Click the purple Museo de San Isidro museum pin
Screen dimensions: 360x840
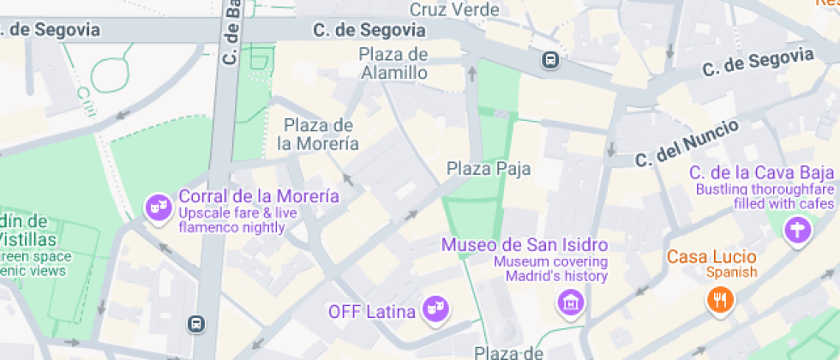pyautogui.click(x=569, y=302)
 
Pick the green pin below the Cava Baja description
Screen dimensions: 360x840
pyautogui.click(x=798, y=230)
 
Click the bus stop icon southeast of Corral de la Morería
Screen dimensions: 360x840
pyautogui.click(x=196, y=323)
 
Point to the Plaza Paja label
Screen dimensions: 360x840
pyautogui.click(x=489, y=169)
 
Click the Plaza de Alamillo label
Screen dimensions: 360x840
pyautogui.click(x=393, y=63)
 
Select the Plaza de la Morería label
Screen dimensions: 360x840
pyautogui.click(x=318, y=135)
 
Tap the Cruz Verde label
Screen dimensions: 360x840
pyautogui.click(x=454, y=10)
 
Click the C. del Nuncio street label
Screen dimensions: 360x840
pyautogui.click(x=687, y=144)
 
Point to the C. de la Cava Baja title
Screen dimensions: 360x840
pyautogui.click(x=762, y=173)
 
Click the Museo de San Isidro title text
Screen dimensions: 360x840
pyautogui.click(x=525, y=245)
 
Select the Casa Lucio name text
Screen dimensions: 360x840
pyautogui.click(x=711, y=256)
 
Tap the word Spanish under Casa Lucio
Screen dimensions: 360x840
pyautogui.click(x=731, y=273)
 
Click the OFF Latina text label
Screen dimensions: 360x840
pyautogui.click(x=372, y=310)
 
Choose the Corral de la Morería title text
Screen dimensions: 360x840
pyautogui.click(x=258, y=196)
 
